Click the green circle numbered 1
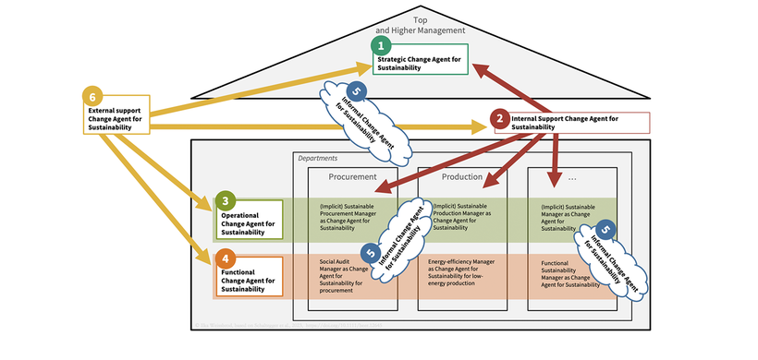click(x=379, y=44)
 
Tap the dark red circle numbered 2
click(x=499, y=117)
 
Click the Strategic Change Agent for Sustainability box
click(x=421, y=64)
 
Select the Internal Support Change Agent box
click(x=573, y=123)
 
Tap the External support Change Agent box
click(x=115, y=118)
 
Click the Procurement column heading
click(x=352, y=177)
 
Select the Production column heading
click(x=462, y=177)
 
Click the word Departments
click(x=317, y=159)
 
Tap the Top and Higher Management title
click(x=421, y=24)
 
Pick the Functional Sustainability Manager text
click(x=566, y=275)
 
